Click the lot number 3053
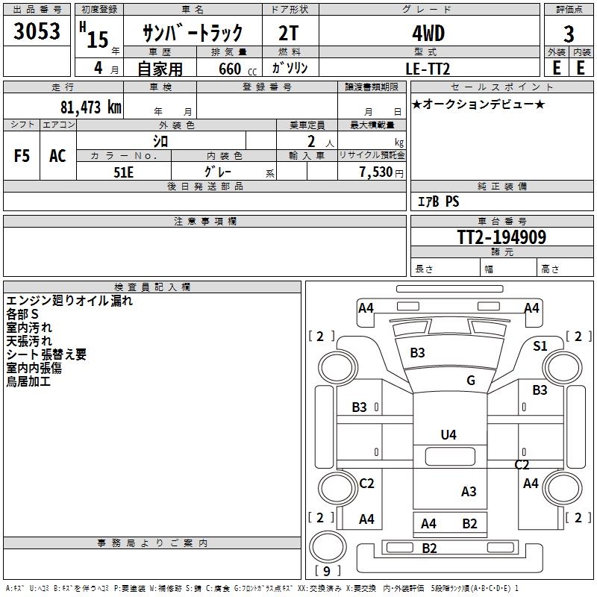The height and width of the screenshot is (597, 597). pos(37,32)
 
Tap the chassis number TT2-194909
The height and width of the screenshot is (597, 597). pos(501,237)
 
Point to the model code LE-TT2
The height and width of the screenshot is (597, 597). pos(429,68)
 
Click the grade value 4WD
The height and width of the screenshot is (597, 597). pos(428,33)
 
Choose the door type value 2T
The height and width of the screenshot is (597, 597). pos(290,33)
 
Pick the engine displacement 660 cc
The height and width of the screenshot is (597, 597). pos(224,69)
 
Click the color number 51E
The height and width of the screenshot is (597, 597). pos(124,171)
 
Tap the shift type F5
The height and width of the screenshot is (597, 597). pos(22,156)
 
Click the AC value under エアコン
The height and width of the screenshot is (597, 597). pos(57,156)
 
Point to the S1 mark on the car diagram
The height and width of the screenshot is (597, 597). pos(540,346)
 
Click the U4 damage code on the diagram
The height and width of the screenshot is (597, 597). pos(448,434)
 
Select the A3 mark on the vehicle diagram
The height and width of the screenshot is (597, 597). pos(469,491)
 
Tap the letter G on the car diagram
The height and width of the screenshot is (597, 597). pos(471,381)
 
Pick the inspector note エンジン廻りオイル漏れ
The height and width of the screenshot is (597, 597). pos(69,301)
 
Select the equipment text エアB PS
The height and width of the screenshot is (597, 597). pos(438,201)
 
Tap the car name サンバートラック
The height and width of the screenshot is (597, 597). pos(193,33)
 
